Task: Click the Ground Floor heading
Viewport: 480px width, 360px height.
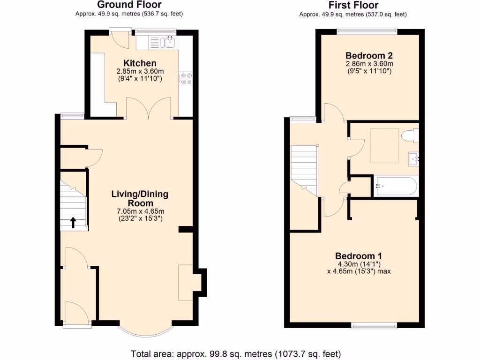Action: point(129,5)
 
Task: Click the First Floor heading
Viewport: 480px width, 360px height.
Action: point(353,5)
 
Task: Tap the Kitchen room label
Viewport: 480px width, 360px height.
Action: point(140,63)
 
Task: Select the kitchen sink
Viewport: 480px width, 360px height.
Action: point(169,43)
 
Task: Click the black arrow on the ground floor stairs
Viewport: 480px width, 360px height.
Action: point(73,222)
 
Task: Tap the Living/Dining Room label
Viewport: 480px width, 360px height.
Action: point(140,199)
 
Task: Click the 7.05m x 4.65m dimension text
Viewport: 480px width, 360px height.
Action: point(140,211)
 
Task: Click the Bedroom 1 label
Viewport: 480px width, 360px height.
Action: point(359,256)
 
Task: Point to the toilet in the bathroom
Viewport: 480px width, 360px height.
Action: point(410,135)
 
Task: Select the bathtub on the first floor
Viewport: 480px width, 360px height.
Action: point(395,187)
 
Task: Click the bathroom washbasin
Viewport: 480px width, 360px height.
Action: point(413,158)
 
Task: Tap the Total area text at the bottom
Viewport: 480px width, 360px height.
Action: point(235,353)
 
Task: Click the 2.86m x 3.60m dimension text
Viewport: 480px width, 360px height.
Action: point(369,64)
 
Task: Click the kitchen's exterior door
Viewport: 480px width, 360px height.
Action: point(120,39)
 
